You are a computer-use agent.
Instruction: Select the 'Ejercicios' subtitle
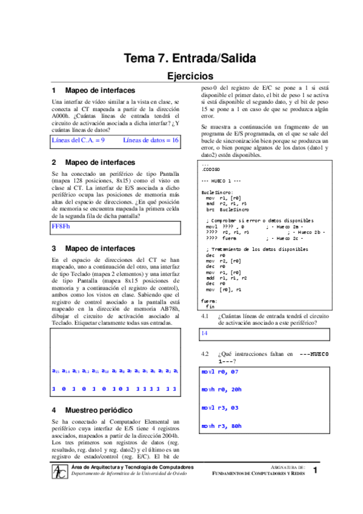point(190,76)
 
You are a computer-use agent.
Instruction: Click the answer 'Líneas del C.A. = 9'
point(79,140)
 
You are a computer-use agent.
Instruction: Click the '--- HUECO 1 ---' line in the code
point(222,181)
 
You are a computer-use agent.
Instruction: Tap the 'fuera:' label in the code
point(208,301)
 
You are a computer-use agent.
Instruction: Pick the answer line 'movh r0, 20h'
point(221,390)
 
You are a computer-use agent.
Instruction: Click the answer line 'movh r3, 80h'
point(221,426)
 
